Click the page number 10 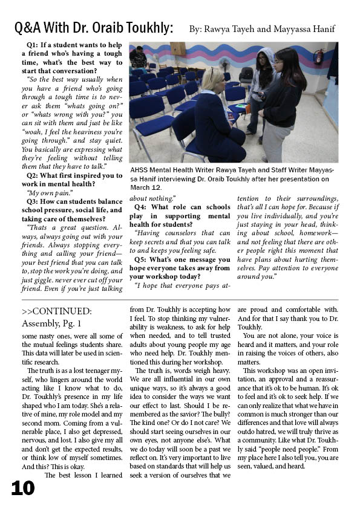click(x=22, y=488)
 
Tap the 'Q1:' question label click(x=35, y=45)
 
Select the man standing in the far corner click(x=139, y=57)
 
